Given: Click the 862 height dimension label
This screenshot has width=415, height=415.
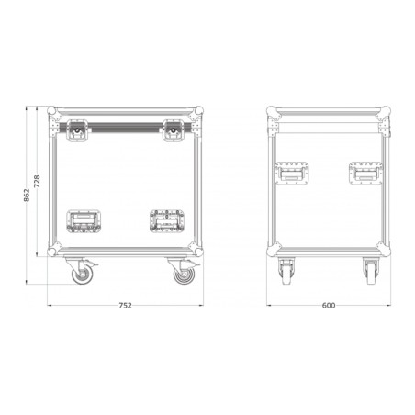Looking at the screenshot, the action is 27,196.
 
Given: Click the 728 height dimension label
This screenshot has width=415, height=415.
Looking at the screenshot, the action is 37,182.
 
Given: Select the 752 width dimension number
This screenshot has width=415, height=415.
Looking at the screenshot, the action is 125,306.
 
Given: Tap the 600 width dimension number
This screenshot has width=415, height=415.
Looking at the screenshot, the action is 329,306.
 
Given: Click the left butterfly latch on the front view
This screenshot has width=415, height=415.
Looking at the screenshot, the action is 77,130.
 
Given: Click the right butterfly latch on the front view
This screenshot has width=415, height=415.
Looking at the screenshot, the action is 174,130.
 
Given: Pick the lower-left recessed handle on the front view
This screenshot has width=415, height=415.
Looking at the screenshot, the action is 84,221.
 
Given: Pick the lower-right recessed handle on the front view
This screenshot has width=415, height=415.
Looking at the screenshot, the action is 167,221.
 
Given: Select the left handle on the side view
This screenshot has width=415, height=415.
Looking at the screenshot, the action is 292,174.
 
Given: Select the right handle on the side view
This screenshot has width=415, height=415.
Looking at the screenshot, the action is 365,174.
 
